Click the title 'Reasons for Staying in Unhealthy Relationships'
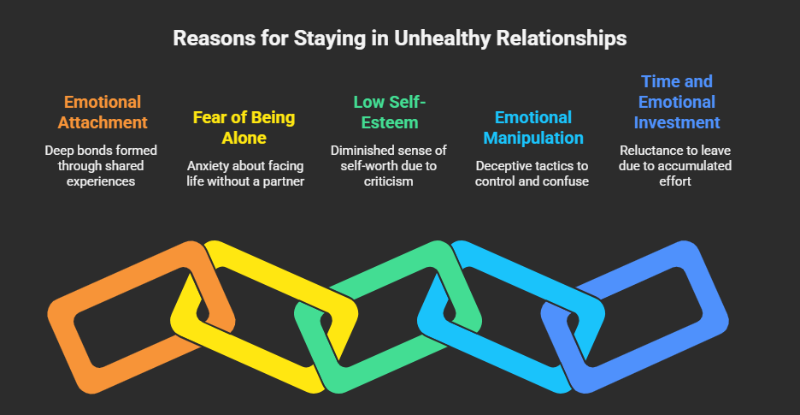click(399, 39)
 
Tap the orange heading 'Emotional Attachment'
click(103, 112)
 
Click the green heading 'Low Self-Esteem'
click(389, 112)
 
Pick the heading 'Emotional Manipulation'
click(532, 127)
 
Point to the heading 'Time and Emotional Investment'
click(677, 102)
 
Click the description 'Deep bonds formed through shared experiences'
click(103, 165)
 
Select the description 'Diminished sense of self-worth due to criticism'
click(389, 165)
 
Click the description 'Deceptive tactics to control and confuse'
click(532, 173)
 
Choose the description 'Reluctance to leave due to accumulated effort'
click(677, 165)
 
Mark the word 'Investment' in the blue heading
click(677, 122)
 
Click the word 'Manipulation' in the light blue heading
click(532, 138)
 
